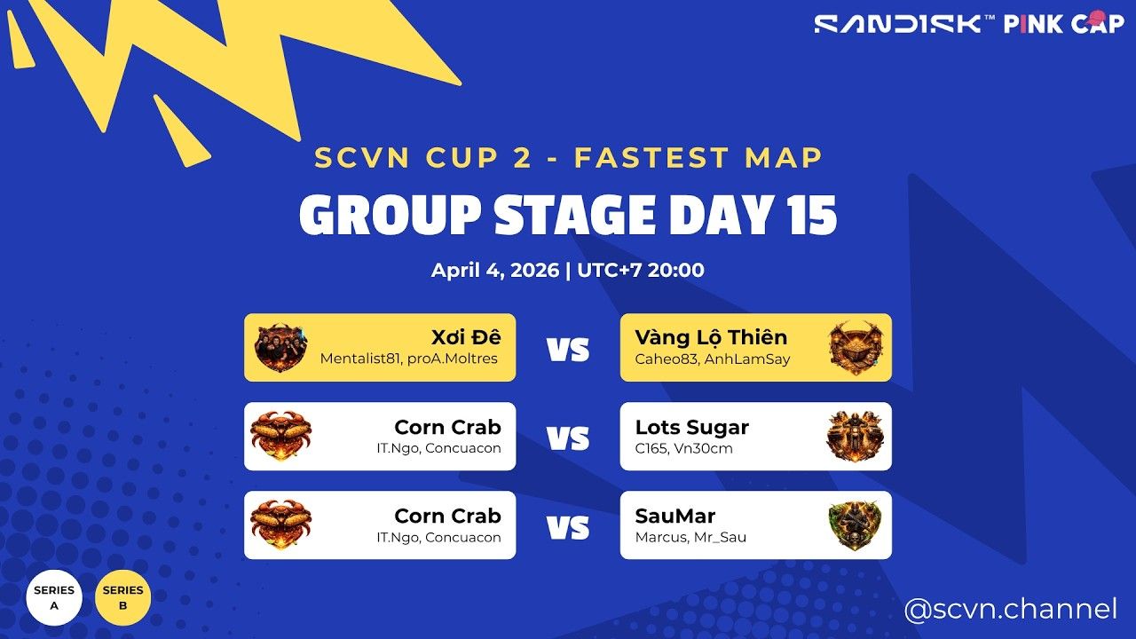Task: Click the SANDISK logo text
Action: (898, 23)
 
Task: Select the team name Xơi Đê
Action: (466, 337)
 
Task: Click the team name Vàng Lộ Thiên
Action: (711, 337)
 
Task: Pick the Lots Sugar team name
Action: (691, 427)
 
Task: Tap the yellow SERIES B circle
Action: (123, 597)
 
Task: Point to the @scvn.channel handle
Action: (1010, 610)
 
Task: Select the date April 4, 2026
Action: (495, 270)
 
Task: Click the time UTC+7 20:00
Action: (641, 270)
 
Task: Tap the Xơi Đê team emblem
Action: (280, 347)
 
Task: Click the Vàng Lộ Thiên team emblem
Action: (856, 347)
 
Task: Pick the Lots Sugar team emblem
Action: (856, 436)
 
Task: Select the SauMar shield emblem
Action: (856, 525)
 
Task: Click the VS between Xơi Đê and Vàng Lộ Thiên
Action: (568, 349)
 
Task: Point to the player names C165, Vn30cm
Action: (672, 448)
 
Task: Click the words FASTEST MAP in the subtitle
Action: (698, 158)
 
